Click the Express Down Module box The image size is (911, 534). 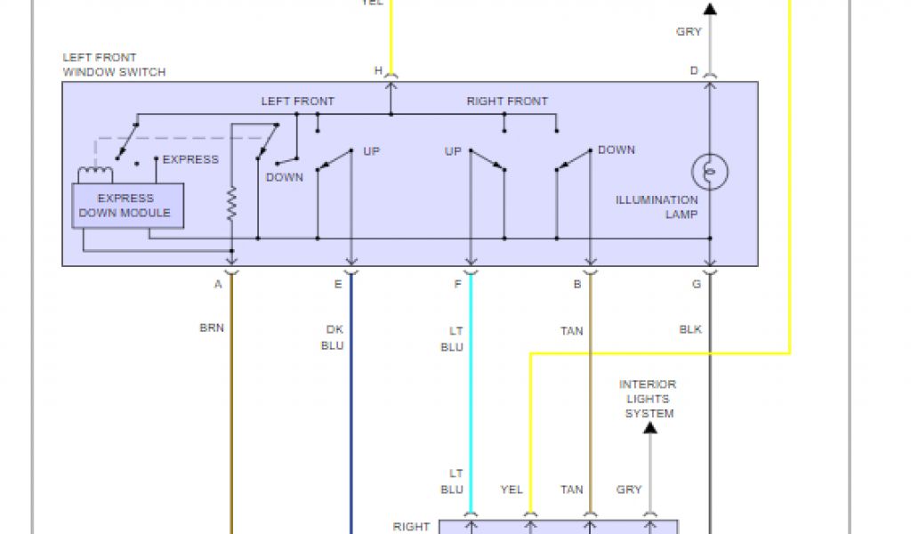[x=127, y=206]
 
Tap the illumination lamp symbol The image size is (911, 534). [x=710, y=172]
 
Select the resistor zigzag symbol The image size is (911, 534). [x=231, y=206]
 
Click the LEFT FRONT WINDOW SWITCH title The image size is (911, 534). [x=114, y=65]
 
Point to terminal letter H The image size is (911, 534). [x=378, y=70]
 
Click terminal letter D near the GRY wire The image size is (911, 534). [x=694, y=70]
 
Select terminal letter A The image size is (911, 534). [x=218, y=285]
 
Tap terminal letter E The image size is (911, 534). [x=338, y=285]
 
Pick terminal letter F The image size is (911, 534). [x=457, y=285]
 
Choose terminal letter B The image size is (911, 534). [x=577, y=285]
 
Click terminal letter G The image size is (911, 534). [x=697, y=285]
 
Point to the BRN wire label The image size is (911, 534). [x=212, y=328]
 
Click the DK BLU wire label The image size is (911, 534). [x=334, y=337]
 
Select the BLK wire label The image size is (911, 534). [x=690, y=329]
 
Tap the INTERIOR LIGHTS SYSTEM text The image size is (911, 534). [x=649, y=399]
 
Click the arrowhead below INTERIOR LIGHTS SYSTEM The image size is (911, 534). [x=650, y=428]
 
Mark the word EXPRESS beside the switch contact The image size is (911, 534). [x=190, y=159]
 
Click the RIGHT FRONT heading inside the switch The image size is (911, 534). [x=507, y=101]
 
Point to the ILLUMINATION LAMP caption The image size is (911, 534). [x=657, y=207]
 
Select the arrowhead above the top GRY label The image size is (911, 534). [x=710, y=9]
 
